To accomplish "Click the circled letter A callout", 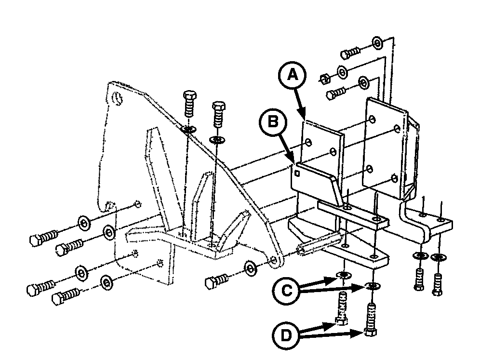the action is pos(293,75).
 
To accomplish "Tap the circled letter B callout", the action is pos(273,122).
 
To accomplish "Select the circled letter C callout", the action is pos(286,291).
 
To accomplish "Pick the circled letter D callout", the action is pos(286,336).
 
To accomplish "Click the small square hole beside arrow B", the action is pos(297,173).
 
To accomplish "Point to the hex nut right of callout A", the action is pos(324,79).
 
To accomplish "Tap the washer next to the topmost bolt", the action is pos(377,43).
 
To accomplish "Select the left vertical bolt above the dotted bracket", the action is pos(189,104).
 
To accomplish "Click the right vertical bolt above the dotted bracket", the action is pos(219,115).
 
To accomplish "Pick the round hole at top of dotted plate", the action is pos(118,98).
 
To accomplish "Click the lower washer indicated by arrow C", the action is pos(372,286).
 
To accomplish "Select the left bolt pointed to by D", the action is pos(342,308).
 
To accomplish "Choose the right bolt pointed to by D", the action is pos(371,320).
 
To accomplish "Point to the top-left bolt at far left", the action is pos(44,238).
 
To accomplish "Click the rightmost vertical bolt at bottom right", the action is pos(438,284).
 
